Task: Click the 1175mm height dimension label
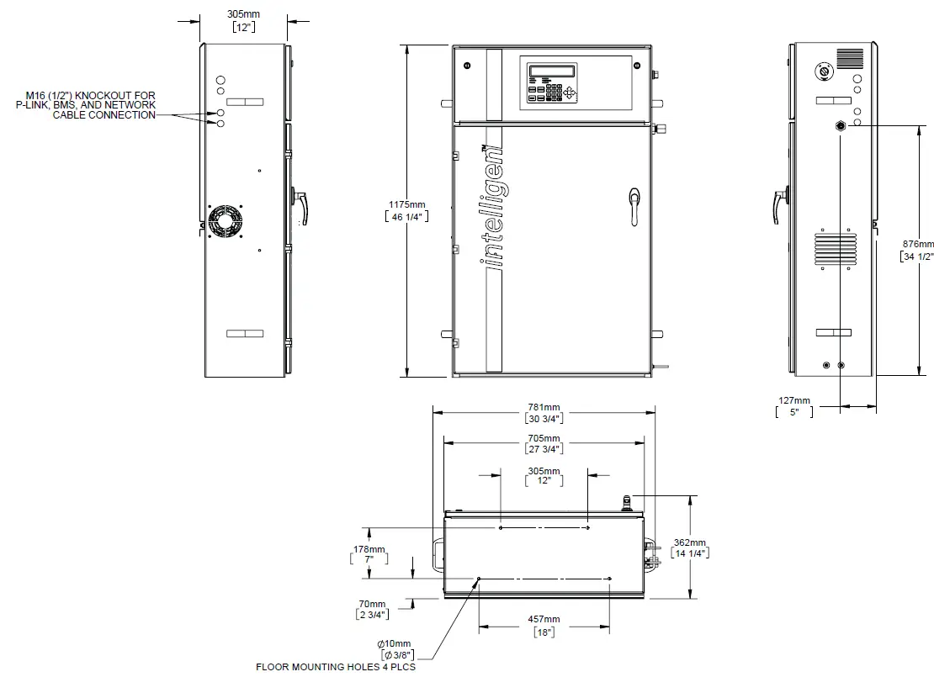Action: [407, 204]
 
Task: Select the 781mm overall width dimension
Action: [544, 407]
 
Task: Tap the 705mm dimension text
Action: [544, 438]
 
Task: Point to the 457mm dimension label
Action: [544, 620]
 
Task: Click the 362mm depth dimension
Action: [690, 542]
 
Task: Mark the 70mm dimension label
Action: [372, 604]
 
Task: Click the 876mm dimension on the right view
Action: [917, 245]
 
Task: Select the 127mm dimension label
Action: [793, 401]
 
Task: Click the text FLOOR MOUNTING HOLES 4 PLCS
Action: [336, 667]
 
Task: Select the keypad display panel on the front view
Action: [551, 82]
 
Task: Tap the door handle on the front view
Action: [634, 207]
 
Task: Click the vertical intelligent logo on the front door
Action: [495, 207]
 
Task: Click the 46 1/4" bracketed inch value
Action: [407, 216]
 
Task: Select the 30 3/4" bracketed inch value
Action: [544, 418]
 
